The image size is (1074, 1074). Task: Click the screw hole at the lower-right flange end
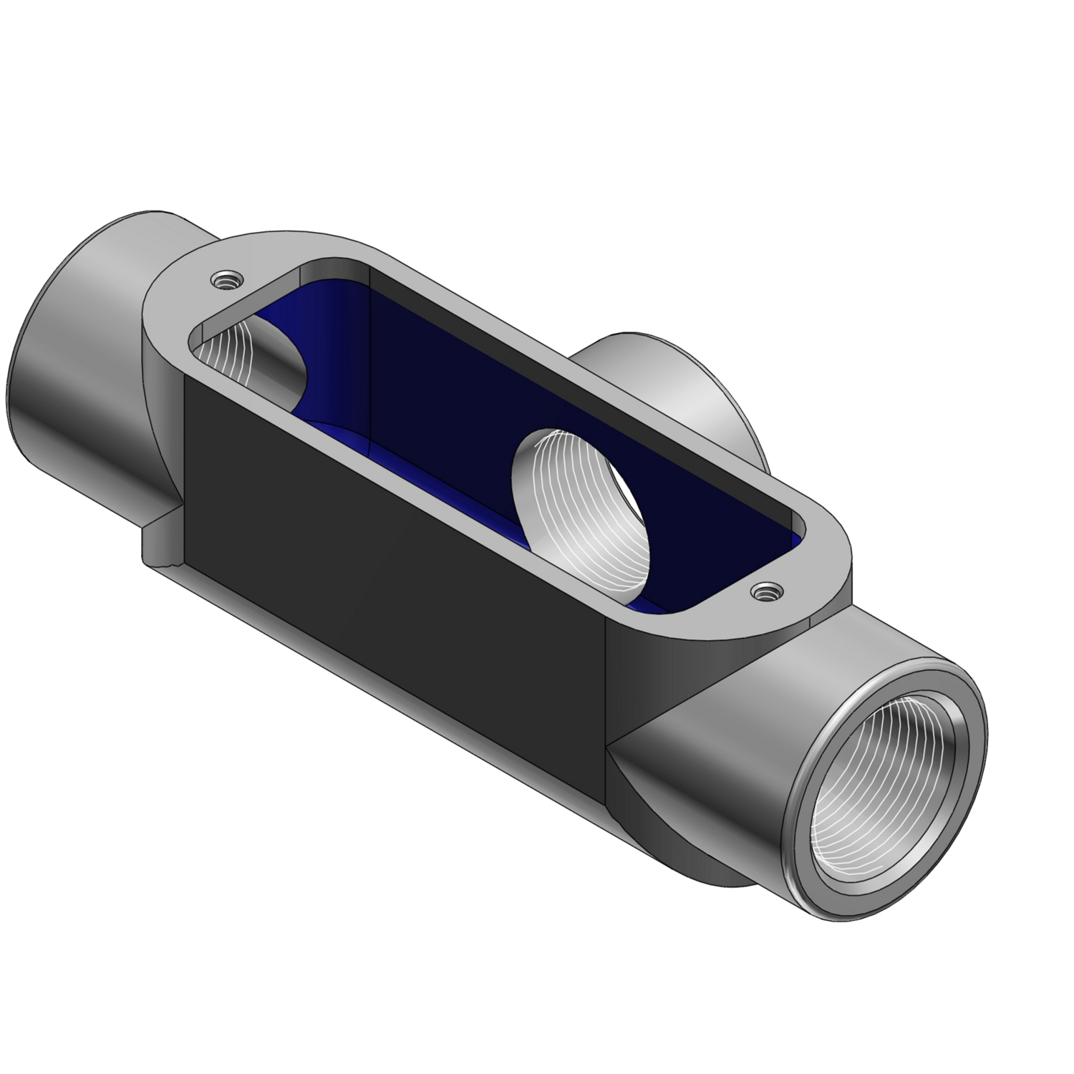767,591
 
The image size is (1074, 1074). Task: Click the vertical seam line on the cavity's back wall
368,358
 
